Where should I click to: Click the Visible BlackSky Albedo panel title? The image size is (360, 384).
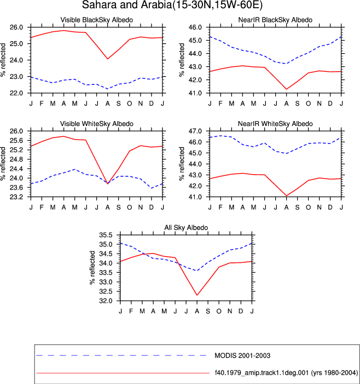click(x=97, y=20)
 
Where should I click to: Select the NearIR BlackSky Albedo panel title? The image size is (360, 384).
click(x=275, y=20)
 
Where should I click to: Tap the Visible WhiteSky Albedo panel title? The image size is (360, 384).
click(x=97, y=124)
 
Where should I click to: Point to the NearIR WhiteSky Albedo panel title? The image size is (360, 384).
click(x=275, y=124)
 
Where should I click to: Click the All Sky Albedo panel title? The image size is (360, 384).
click(x=186, y=227)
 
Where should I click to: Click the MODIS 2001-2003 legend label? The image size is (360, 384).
click(x=242, y=356)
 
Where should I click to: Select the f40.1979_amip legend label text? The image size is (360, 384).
click(x=286, y=372)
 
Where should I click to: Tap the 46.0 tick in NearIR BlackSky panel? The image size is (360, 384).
click(x=195, y=27)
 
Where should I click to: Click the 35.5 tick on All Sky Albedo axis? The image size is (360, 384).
click(x=106, y=235)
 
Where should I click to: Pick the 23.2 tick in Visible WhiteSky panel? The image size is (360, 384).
click(x=16, y=197)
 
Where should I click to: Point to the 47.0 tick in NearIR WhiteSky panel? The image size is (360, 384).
click(x=195, y=131)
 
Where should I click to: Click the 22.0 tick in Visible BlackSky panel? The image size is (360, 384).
click(x=16, y=93)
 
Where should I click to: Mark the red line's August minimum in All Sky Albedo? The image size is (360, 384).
click(x=197, y=295)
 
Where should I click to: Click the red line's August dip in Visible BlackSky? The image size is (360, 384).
click(x=108, y=59)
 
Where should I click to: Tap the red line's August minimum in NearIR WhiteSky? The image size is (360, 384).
click(x=286, y=196)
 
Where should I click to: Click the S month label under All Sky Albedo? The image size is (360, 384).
click(x=208, y=311)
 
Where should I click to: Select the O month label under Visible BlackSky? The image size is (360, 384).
click(x=129, y=104)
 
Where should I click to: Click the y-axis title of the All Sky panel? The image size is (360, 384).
click(x=92, y=268)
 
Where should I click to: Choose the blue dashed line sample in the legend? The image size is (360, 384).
click(x=121, y=356)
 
